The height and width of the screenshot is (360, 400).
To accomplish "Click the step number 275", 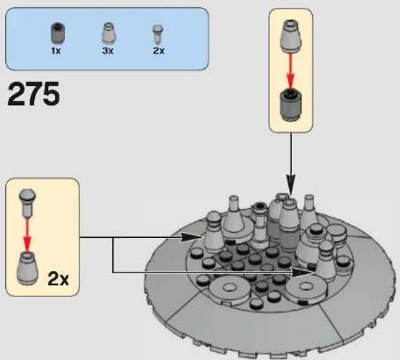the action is (x=33, y=94).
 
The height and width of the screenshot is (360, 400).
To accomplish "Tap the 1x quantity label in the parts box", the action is (x=56, y=51).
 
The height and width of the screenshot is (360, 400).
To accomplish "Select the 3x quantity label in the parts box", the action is (x=108, y=51).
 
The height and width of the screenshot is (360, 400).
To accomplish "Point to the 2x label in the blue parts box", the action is (x=159, y=51).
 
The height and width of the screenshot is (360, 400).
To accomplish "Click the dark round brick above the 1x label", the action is (x=58, y=33).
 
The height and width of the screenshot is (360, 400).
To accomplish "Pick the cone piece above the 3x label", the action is (x=108, y=33).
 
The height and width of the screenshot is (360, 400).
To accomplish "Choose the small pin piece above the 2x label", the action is (x=158, y=34).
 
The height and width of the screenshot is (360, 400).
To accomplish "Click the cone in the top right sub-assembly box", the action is (x=291, y=36).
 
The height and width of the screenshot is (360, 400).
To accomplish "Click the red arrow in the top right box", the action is (x=290, y=71).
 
